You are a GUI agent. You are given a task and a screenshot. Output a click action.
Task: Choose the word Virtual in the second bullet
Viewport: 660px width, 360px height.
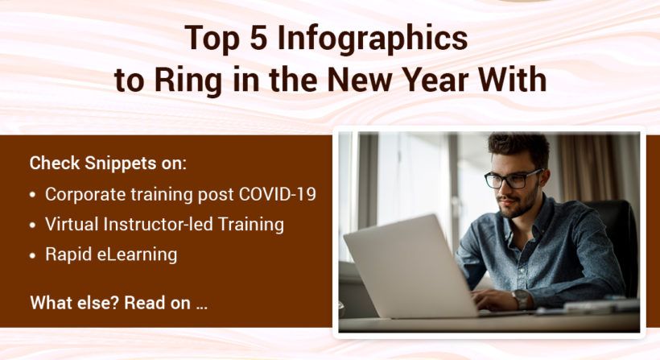pos(70,225)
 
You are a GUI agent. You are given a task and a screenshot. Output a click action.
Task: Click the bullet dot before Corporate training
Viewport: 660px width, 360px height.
pos(32,195)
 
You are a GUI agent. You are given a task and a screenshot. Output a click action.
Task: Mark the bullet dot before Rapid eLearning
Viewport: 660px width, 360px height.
pos(32,255)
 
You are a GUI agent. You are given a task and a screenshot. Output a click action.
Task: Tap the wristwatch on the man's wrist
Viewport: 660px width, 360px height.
pos(521,299)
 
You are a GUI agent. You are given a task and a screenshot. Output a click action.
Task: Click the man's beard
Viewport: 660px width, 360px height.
pos(522,207)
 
